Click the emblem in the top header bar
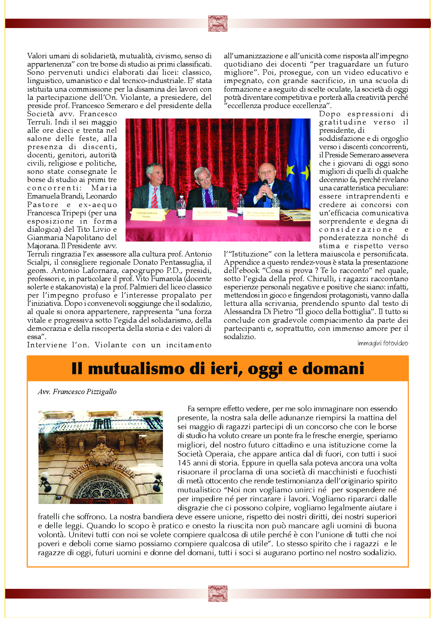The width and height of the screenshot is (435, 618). (217, 23)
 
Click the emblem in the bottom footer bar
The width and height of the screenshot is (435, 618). (217, 593)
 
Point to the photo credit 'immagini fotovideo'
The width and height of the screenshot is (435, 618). (382, 343)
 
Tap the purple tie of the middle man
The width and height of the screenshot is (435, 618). (208, 198)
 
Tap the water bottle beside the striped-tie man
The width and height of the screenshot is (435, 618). (182, 207)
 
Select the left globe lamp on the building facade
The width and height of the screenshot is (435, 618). (46, 477)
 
